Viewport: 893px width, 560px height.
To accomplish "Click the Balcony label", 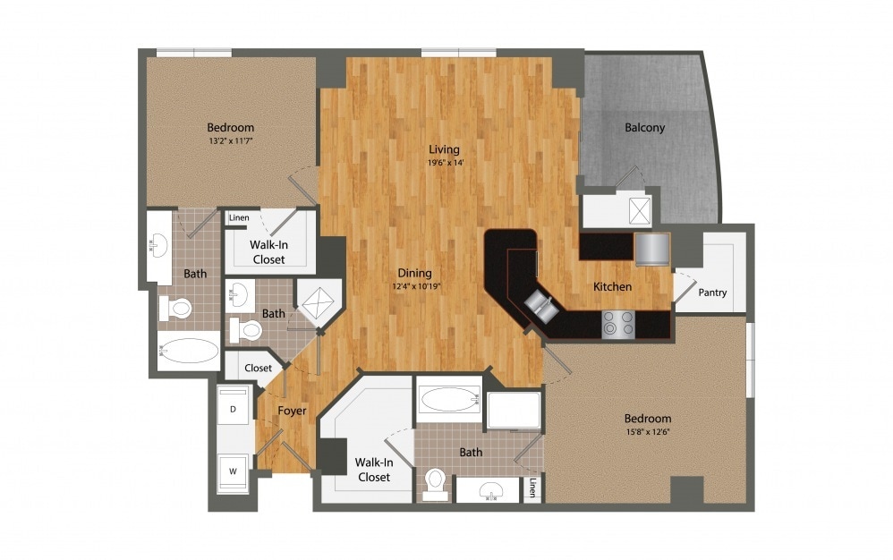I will click(644, 127).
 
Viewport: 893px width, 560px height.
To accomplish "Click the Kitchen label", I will click(613, 287).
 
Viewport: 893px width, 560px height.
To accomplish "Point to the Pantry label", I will click(712, 293).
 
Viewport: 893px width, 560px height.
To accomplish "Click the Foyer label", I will click(292, 411).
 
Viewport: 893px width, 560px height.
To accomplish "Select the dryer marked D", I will click(234, 409).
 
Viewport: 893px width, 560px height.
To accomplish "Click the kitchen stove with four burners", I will click(617, 324).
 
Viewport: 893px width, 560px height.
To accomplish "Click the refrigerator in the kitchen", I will click(651, 248).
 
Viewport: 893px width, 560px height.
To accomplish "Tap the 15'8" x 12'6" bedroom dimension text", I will click(648, 433).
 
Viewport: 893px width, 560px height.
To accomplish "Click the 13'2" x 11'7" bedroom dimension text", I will click(230, 141).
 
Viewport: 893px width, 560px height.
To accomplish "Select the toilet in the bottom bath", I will click(437, 481).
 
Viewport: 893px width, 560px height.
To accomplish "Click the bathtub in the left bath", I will click(188, 351).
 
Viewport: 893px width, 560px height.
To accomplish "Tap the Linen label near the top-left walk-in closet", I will click(239, 217).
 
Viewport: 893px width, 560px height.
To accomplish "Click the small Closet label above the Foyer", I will click(258, 368).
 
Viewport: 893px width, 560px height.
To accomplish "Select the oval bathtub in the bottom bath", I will click(449, 398).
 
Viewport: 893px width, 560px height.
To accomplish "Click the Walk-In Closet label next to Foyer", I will click(373, 470).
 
